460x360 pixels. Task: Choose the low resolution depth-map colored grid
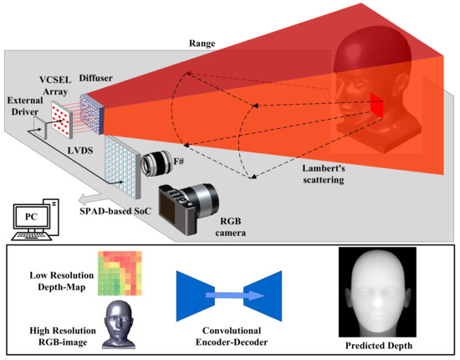[x=120, y=272]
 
